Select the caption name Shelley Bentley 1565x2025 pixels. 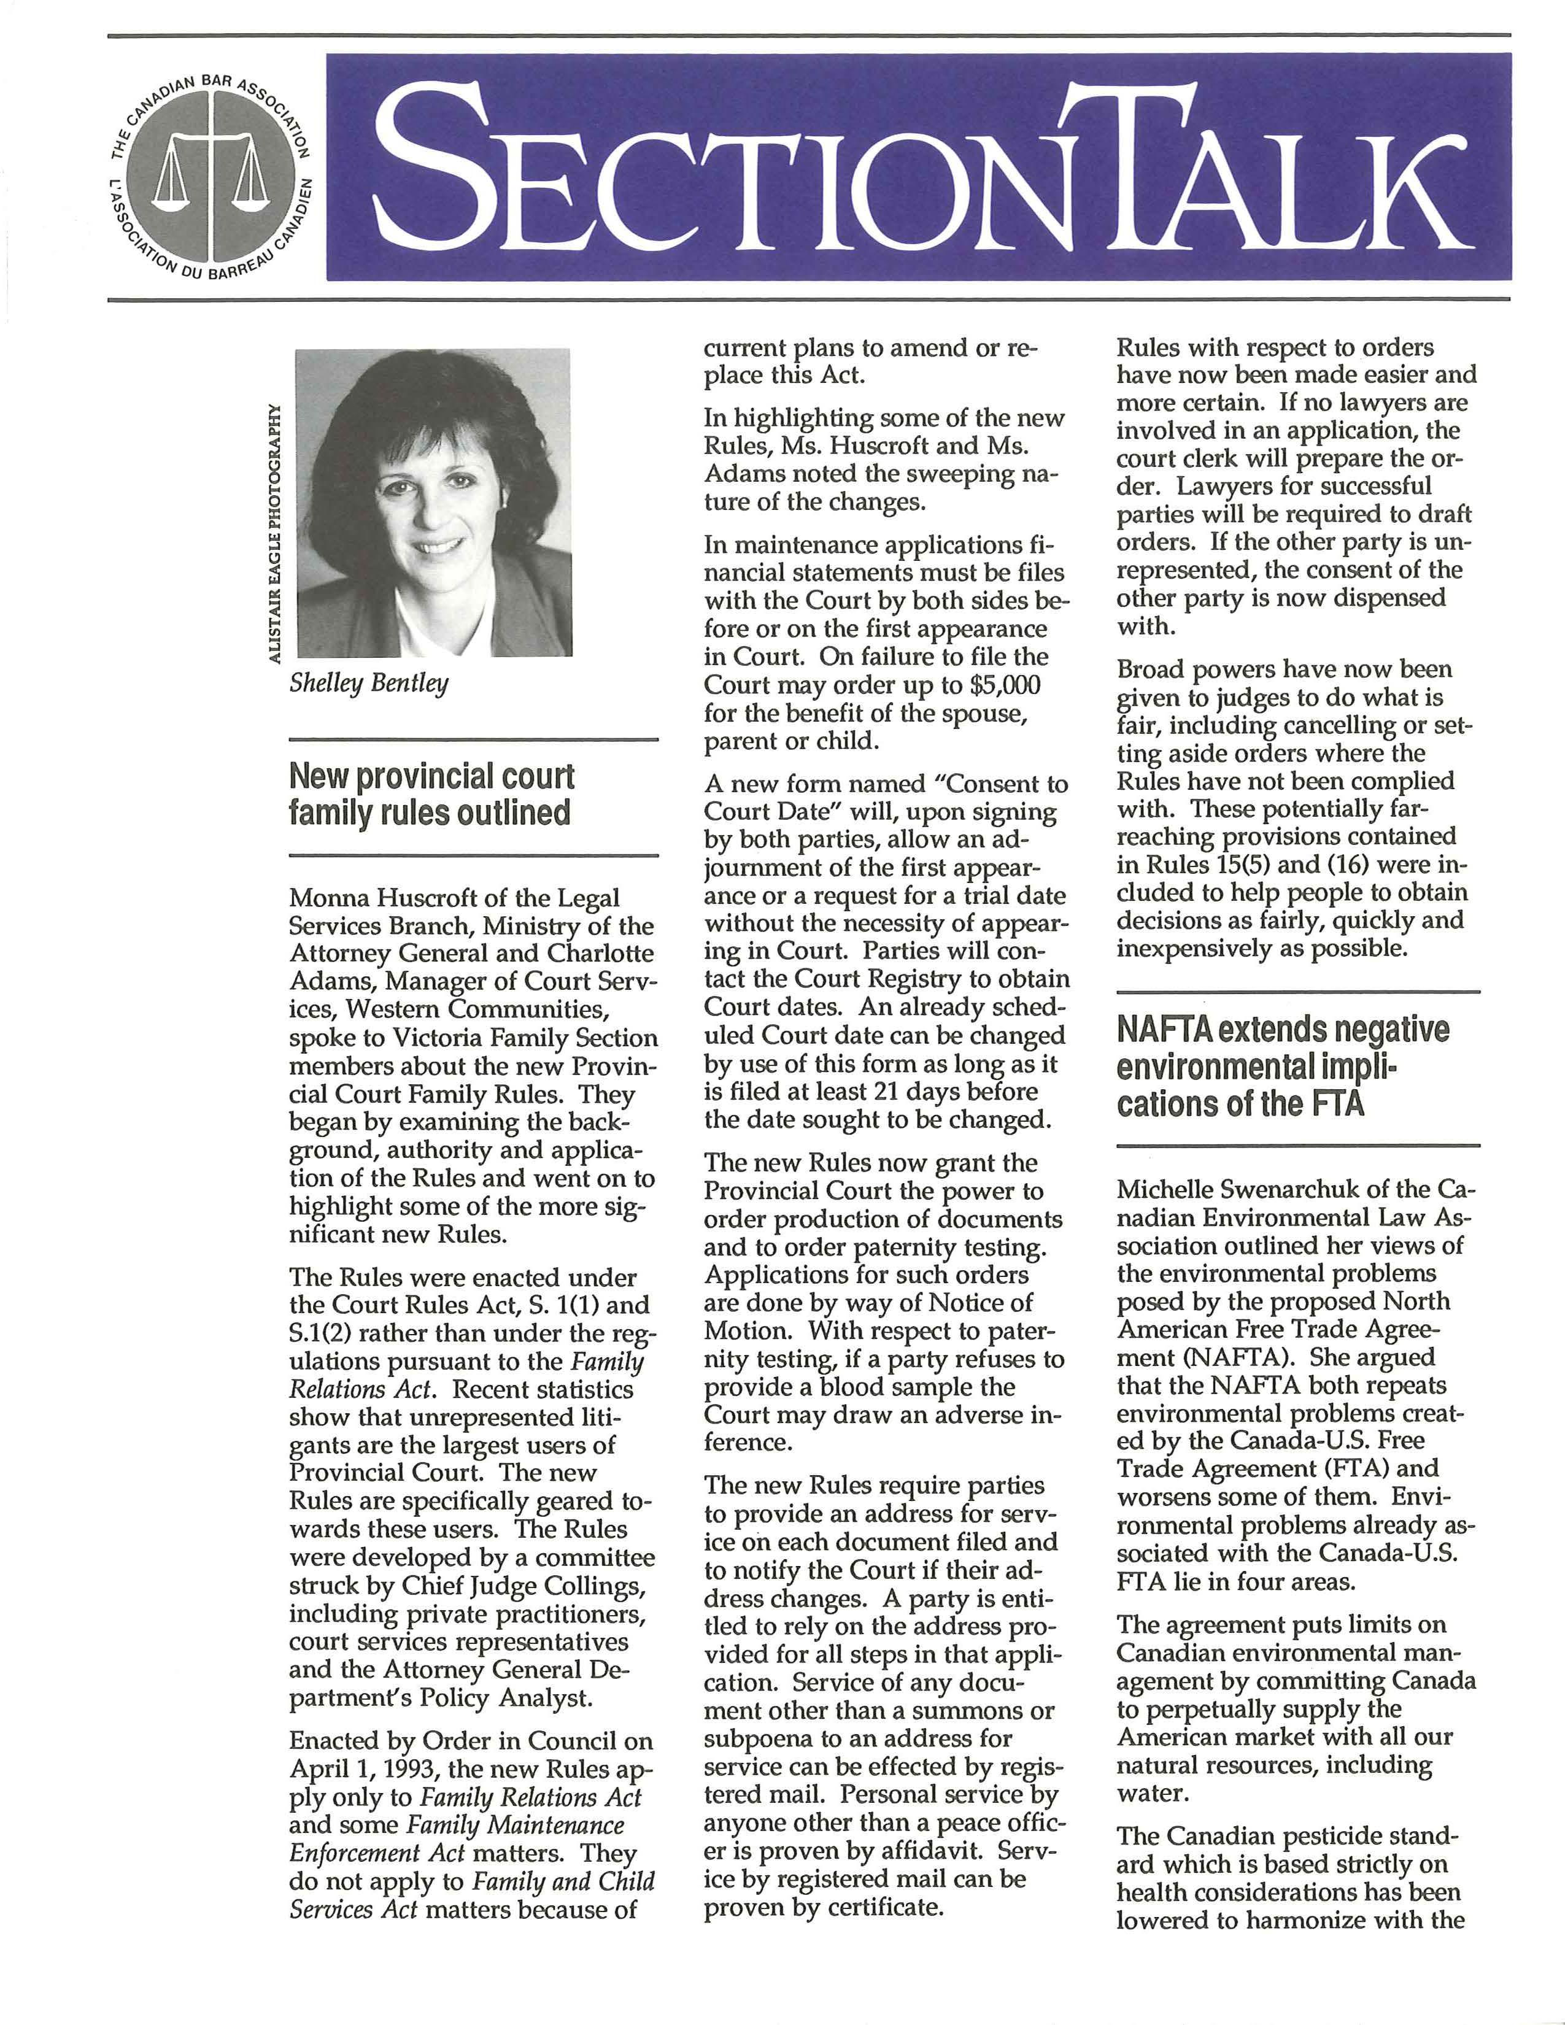(368, 684)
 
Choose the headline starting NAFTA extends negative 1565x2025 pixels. (1282, 1066)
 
